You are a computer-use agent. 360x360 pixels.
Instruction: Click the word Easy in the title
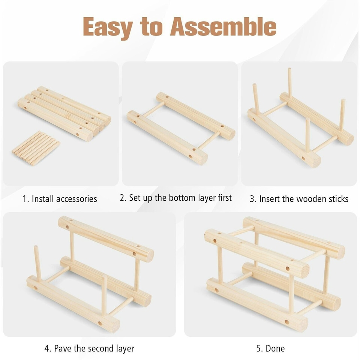[x=108, y=28]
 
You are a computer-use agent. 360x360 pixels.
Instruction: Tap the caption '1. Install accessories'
[x=60, y=199]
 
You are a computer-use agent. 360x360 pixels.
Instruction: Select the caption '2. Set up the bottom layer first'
[x=175, y=198]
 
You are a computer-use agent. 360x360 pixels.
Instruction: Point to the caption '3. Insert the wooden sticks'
[x=299, y=199]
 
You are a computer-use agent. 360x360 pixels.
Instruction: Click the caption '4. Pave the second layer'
[x=89, y=348]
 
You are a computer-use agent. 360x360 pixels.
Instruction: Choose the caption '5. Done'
[x=270, y=348]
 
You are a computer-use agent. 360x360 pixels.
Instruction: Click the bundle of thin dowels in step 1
[x=36, y=148]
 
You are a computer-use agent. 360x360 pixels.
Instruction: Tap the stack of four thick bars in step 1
[x=64, y=114]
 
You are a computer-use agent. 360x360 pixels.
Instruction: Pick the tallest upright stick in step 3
[x=290, y=82]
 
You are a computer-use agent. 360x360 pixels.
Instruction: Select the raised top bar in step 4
[x=106, y=239]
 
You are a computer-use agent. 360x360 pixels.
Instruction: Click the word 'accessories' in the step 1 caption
[x=76, y=199]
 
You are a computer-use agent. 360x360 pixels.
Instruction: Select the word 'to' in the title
[x=152, y=27]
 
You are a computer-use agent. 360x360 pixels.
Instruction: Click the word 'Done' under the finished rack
[x=275, y=348]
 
